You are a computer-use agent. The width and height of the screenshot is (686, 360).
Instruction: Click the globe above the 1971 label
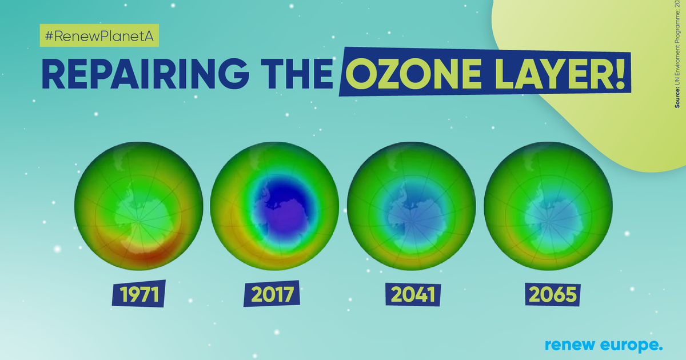139,206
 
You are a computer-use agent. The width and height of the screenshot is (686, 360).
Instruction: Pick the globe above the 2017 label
275,206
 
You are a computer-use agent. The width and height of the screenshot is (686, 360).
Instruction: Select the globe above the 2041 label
411,206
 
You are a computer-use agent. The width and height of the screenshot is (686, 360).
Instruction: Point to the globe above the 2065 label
547,206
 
